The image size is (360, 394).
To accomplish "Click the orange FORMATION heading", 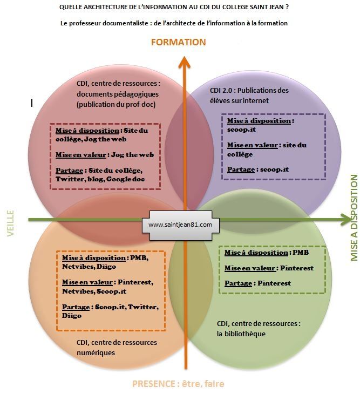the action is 178,42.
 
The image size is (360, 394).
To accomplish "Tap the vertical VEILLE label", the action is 10,223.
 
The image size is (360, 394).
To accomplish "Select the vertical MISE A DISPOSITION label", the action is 354,218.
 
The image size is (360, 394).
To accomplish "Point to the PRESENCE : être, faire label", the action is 178,384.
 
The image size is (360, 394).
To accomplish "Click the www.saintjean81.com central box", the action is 180,225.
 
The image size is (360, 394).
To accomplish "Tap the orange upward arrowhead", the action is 185,62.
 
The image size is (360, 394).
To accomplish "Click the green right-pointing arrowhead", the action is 346,219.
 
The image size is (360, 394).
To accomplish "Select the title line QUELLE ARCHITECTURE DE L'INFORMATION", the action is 174,7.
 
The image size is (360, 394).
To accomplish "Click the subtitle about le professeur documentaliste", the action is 174,23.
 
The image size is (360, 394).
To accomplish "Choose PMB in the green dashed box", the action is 301,252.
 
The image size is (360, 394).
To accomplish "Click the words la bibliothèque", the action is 241,334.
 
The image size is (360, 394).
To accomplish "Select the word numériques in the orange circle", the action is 96,352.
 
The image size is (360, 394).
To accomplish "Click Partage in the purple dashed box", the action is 241,169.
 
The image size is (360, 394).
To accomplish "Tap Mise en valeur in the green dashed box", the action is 250,268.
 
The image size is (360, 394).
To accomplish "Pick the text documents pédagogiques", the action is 118,94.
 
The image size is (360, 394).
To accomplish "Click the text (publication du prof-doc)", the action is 116,104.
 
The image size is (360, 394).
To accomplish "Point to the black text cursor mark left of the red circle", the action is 32,103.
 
